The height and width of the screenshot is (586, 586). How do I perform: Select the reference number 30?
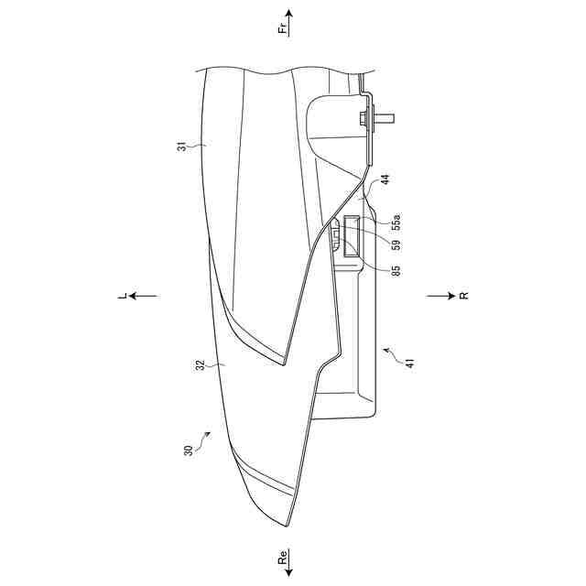189,450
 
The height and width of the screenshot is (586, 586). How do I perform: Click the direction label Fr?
284,28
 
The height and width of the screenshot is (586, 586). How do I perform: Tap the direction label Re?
284,559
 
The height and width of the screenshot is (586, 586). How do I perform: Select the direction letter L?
121,295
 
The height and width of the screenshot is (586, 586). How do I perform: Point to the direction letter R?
463,296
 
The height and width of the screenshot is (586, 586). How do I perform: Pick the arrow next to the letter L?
143,296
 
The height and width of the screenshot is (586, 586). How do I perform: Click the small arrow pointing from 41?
388,351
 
